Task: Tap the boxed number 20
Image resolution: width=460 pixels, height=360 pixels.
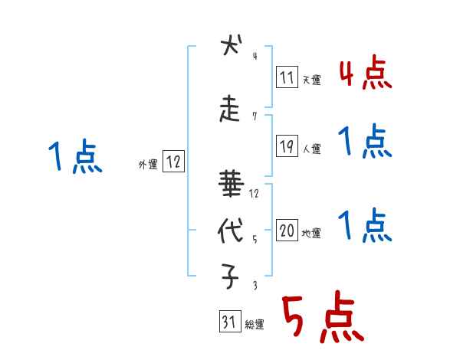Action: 287,231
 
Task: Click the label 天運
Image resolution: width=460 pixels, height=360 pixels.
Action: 311,79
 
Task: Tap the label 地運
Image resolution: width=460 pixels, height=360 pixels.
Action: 311,234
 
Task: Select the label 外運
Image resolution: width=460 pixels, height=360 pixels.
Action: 147,163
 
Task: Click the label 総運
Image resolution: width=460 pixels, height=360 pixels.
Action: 255,325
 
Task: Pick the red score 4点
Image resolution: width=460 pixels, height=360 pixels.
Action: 365,74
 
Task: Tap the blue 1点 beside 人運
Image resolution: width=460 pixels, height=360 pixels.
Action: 365,141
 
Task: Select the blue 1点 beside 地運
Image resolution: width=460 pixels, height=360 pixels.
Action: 365,225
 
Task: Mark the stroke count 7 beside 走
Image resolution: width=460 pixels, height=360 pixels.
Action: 254,116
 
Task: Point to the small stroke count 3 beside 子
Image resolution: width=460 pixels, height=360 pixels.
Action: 254,286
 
